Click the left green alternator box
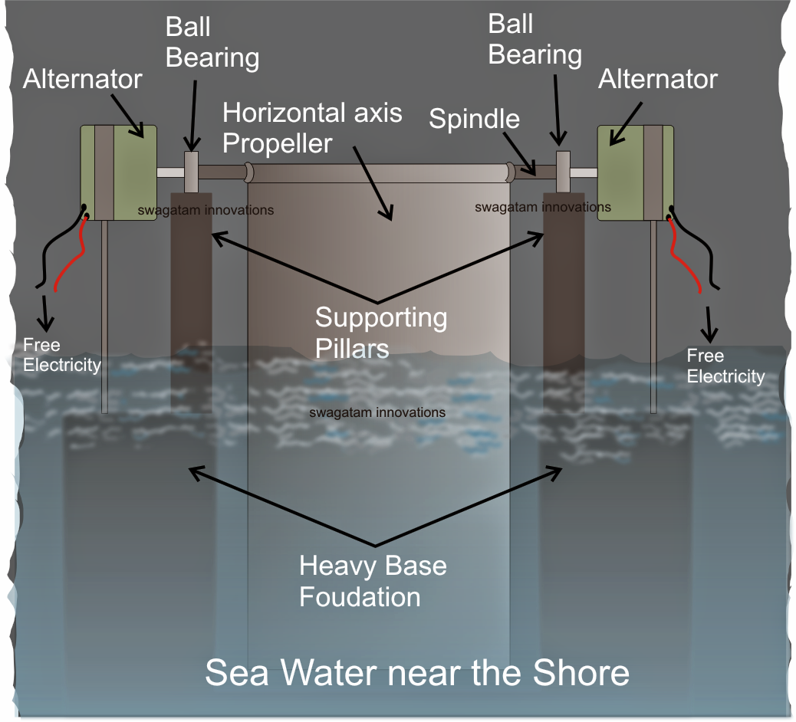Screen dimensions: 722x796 [119, 173]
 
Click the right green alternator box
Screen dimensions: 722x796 [635, 173]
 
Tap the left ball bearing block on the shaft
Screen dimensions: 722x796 [192, 171]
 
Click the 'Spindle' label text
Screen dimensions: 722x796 [474, 119]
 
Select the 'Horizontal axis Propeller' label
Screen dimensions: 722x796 [312, 127]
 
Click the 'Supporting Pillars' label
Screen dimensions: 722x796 [381, 332]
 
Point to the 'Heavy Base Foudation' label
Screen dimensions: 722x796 [373, 581]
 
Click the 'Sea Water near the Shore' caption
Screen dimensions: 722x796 [417, 672]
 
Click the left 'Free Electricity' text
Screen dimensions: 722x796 [61, 355]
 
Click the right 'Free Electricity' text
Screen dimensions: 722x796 [725, 366]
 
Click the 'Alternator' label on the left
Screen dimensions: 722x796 [83, 79]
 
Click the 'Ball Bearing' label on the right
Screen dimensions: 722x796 [535, 40]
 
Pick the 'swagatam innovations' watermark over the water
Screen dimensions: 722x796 [377, 412]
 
